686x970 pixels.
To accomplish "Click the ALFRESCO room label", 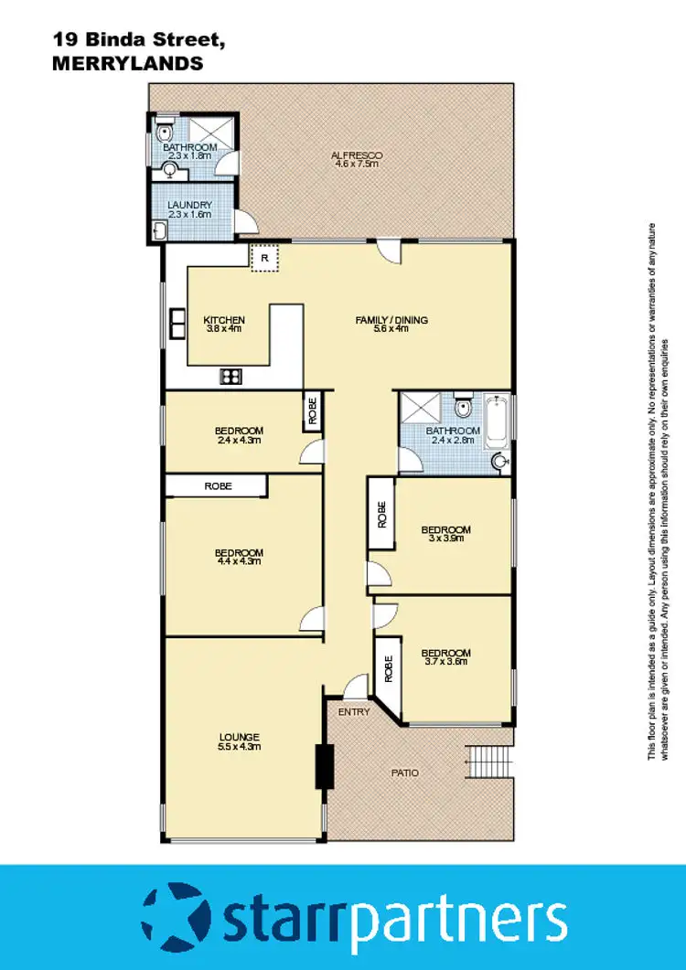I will [x=357, y=155].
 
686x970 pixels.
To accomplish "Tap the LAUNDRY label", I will [x=190, y=205].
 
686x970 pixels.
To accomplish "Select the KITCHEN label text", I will [x=224, y=320].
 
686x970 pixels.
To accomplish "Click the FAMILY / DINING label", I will [x=391, y=320].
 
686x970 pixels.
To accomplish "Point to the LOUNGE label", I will [x=239, y=737].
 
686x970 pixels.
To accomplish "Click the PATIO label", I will [x=405, y=773].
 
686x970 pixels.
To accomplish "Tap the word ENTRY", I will [x=353, y=711].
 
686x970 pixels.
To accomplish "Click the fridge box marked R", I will [x=263, y=258].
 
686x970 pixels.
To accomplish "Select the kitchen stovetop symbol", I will [x=230, y=375].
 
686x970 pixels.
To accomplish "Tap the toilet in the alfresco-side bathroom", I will [x=165, y=130].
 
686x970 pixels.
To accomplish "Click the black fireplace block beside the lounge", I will [x=323, y=766].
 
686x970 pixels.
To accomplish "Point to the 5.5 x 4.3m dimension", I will [x=239, y=747].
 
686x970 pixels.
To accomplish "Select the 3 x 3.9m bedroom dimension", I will [x=445, y=539].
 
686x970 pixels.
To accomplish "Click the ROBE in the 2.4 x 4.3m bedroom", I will [x=312, y=410].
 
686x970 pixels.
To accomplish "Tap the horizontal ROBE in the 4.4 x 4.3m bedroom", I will [x=217, y=486].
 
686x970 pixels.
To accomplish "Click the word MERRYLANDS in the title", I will [x=126, y=64].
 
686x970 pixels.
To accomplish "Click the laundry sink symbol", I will [x=161, y=230].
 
